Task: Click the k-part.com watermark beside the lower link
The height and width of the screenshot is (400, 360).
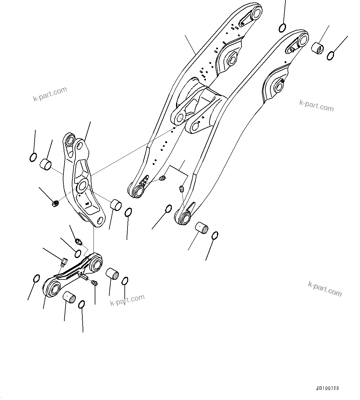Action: (127, 300)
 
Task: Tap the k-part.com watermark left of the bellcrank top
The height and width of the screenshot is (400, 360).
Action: (50, 94)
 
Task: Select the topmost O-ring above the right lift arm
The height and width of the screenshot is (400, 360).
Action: (282, 28)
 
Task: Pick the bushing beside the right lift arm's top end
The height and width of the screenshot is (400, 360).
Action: (317, 48)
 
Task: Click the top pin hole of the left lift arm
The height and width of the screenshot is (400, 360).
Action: (256, 13)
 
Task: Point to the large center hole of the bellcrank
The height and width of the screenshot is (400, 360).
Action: (82, 186)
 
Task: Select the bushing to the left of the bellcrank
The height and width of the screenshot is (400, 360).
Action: (45, 164)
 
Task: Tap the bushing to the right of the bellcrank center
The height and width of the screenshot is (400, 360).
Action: (116, 205)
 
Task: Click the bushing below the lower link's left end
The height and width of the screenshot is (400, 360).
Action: (69, 298)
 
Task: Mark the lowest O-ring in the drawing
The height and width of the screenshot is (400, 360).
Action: (81, 305)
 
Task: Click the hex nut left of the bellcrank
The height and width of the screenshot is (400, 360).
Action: (55, 204)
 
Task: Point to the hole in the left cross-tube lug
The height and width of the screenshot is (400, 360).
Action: (180, 117)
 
